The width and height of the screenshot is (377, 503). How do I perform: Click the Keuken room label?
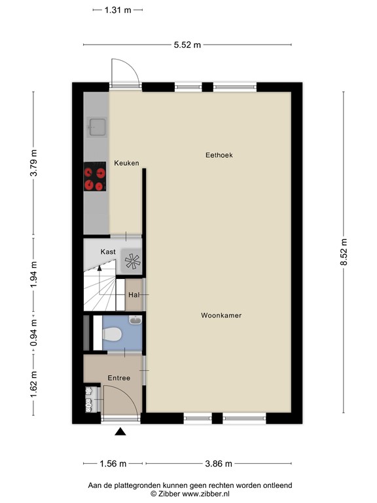126,163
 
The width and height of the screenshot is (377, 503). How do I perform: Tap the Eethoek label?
219,155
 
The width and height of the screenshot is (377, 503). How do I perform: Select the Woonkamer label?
221,315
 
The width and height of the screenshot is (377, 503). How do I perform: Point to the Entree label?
119,378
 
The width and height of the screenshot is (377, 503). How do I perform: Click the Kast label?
108,251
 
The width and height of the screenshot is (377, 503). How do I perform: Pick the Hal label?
134,295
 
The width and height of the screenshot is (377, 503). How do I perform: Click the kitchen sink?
97,126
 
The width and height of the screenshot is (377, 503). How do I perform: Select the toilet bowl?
113,335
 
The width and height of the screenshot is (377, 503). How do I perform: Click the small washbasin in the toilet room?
135,321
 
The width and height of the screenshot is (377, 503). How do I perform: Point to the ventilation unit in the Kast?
132,261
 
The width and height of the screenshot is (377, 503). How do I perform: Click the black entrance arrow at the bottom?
120,430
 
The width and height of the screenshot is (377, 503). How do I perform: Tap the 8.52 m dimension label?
344,251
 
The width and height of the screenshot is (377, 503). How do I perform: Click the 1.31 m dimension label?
117,10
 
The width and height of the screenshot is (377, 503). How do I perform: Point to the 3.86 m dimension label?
219,464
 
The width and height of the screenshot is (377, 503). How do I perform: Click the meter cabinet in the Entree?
88,400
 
